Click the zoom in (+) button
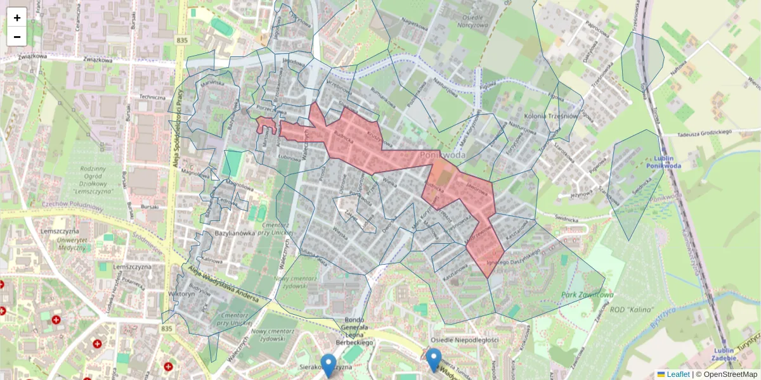click(x=17, y=18)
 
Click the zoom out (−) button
click(x=17, y=37)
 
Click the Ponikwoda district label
click(x=443, y=155)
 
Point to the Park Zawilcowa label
click(x=587, y=294)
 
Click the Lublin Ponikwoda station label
click(x=664, y=161)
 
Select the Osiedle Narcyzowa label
click(x=465, y=24)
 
